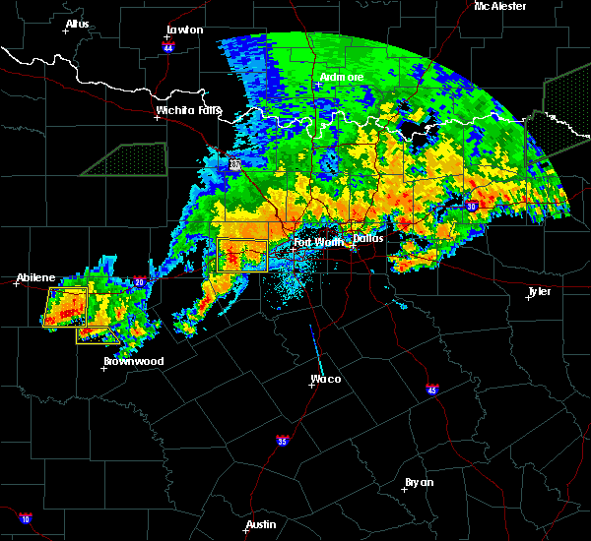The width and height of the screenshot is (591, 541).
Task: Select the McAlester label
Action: click(x=499, y=6)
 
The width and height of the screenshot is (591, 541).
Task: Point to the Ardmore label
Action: click(x=342, y=77)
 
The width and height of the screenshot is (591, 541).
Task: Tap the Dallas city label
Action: click(x=368, y=238)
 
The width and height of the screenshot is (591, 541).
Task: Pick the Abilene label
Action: click(x=35, y=277)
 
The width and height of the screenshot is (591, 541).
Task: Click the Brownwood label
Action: click(x=133, y=361)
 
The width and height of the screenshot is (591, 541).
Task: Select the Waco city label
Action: click(x=325, y=379)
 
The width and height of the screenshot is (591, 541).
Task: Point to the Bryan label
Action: click(x=419, y=482)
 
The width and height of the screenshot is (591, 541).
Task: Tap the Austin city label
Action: click(x=261, y=524)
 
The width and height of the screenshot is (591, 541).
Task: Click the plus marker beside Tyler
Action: click(x=528, y=297)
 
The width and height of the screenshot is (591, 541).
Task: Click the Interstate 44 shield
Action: click(x=168, y=44)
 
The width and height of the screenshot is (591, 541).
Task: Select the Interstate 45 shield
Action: click(x=431, y=391)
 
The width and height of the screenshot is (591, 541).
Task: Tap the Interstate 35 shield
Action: click(x=283, y=440)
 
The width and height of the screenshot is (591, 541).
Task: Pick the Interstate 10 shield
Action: click(x=25, y=518)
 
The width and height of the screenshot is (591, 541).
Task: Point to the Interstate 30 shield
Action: click(x=472, y=206)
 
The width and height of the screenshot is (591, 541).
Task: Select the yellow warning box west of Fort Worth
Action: click(x=242, y=256)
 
